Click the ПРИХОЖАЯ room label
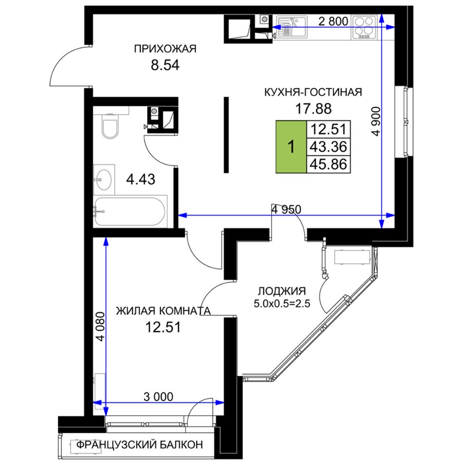pyautogui.click(x=165, y=49)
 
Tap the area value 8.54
pyautogui.click(x=165, y=65)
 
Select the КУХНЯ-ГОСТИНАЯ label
pyautogui.click(x=313, y=92)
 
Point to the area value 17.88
pyautogui.click(x=313, y=109)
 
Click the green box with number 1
pyautogui.click(x=291, y=147)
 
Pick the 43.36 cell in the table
pyautogui.click(x=328, y=147)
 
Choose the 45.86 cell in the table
pyautogui.click(x=328, y=164)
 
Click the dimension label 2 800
pyautogui.click(x=333, y=21)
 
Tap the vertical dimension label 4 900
pyautogui.click(x=376, y=121)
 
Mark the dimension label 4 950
pyautogui.click(x=287, y=210)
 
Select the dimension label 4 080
pyautogui.click(x=100, y=327)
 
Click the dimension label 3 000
pyautogui.click(x=158, y=397)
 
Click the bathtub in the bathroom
pyautogui.click(x=130, y=212)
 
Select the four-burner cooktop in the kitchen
pyautogui.click(x=364, y=27)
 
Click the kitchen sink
pyautogui.click(x=291, y=27)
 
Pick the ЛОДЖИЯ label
pyautogui.click(x=282, y=291)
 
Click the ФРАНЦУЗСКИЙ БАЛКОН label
pyautogui.click(x=139, y=444)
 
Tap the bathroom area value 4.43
pyautogui.click(x=140, y=179)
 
